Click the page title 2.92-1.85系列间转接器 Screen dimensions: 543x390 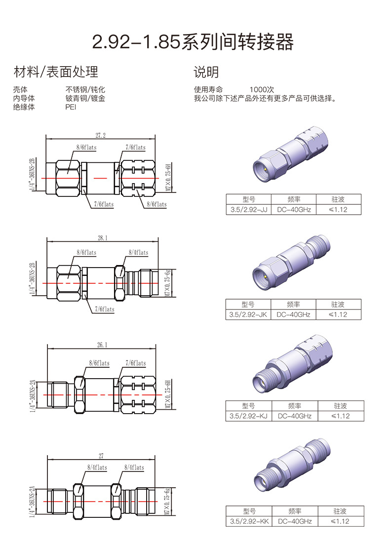click(193, 43)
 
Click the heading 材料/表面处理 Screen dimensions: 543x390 click(56, 72)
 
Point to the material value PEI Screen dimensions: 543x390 click(71, 107)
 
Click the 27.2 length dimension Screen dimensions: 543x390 click(100, 135)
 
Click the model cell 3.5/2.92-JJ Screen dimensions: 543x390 click(248, 210)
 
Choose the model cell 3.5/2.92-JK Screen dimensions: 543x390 click(247, 314)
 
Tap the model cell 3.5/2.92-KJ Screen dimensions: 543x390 click(248, 416)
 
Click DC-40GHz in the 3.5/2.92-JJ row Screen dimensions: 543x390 click(294, 210)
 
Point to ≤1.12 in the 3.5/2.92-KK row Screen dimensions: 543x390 click(339, 521)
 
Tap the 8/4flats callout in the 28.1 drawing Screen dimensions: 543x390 click(138, 253)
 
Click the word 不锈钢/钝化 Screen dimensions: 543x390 click(85, 90)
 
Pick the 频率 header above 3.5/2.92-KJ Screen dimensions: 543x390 click(295, 406)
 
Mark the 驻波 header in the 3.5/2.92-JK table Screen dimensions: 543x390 click(338, 304)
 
